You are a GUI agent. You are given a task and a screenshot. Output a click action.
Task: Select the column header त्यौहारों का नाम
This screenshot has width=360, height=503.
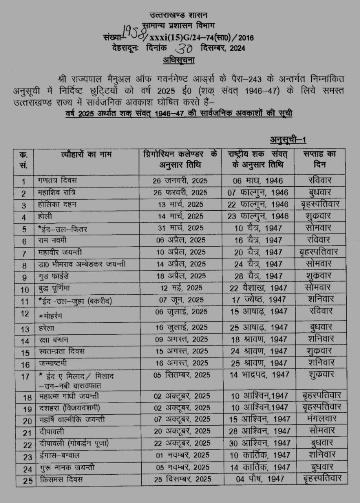[x=86, y=154]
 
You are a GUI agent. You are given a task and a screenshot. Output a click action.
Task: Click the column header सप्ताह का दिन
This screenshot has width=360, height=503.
[x=319, y=159]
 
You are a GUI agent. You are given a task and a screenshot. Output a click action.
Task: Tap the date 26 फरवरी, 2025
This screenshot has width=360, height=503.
[x=180, y=193]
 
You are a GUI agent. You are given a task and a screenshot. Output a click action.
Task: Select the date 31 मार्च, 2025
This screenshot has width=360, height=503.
[x=180, y=228]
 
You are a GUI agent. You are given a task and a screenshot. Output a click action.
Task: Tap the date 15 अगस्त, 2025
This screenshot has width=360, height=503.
[x=180, y=351]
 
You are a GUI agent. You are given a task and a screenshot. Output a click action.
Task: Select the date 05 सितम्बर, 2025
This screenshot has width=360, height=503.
[x=182, y=375]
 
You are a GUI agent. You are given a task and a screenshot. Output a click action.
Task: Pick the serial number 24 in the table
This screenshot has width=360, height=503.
[x=27, y=469]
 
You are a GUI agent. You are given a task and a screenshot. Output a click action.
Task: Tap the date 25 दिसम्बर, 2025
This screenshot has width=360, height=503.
[x=182, y=479]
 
